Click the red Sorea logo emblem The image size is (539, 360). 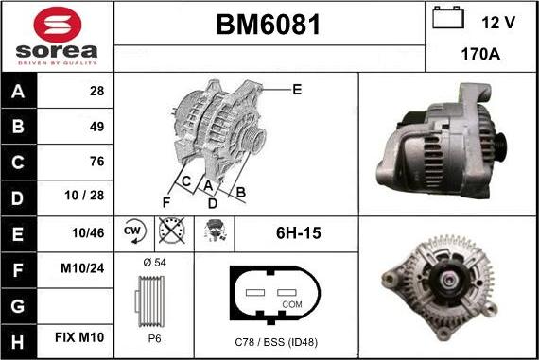(x=58, y=25)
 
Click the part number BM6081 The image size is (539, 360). (x=269, y=25)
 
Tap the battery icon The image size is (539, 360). (x=448, y=17)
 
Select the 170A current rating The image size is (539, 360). (x=480, y=54)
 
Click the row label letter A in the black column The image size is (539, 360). (x=18, y=92)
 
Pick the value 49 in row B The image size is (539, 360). (x=96, y=127)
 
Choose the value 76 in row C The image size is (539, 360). (x=96, y=162)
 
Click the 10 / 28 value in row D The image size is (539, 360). (x=84, y=195)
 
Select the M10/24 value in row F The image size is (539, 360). (x=82, y=268)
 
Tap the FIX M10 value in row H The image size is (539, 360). (x=79, y=337)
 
